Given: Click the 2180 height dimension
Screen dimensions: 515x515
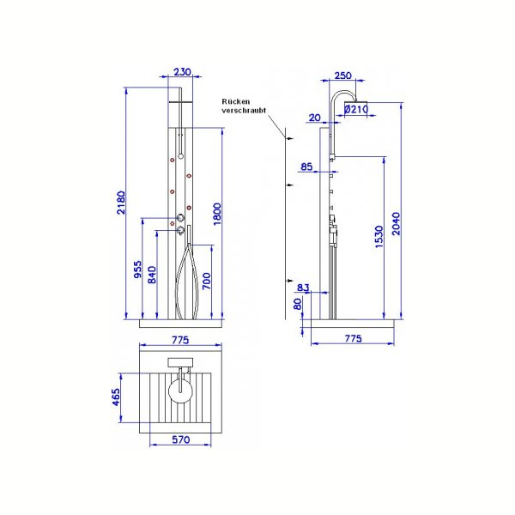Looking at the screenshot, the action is (121, 203).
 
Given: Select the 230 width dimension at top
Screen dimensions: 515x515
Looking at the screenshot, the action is (182, 71).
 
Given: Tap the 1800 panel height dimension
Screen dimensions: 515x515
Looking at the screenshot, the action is (217, 214).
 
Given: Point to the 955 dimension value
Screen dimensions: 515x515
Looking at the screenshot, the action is (138, 269).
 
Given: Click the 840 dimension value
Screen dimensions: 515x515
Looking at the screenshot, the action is (152, 275).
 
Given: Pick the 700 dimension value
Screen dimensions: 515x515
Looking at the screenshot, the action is (206, 281).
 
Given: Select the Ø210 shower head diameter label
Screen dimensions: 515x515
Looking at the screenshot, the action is (356, 109).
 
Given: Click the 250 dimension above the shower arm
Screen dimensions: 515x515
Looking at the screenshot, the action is (342, 76).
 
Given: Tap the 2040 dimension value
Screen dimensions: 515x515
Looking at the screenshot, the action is (396, 224).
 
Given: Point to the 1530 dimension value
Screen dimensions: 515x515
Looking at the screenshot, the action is (379, 237).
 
